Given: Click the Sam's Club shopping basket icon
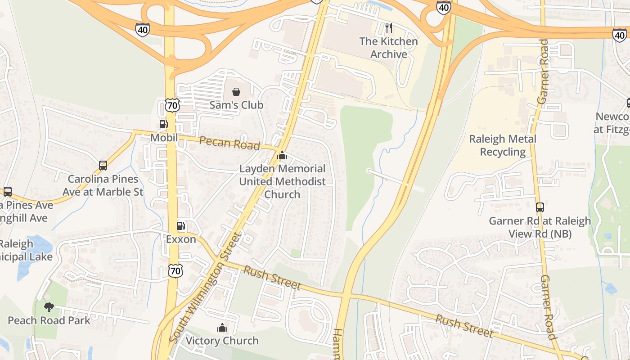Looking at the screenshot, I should (236, 92).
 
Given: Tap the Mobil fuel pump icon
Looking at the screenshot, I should (163, 125).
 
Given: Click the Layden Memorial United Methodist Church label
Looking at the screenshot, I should (282, 181).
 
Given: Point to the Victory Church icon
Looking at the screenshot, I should (222, 328).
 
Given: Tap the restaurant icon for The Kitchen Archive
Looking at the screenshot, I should (389, 28).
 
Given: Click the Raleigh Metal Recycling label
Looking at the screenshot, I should (503, 145).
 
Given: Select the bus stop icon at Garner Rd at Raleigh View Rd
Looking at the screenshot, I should (540, 207).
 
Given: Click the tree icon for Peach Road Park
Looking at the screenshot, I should (49, 307).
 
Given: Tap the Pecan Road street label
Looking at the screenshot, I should (229, 143).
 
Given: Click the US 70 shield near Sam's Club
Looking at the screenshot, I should (172, 105).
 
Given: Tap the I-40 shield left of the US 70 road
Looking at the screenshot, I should (142, 30).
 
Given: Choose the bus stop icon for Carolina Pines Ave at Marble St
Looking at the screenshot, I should (103, 166).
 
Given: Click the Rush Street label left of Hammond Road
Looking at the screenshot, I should (272, 278).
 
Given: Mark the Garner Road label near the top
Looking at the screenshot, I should (543, 71).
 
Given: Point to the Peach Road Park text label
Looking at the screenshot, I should (49, 320).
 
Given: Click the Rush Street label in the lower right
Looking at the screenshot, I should (464, 325).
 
